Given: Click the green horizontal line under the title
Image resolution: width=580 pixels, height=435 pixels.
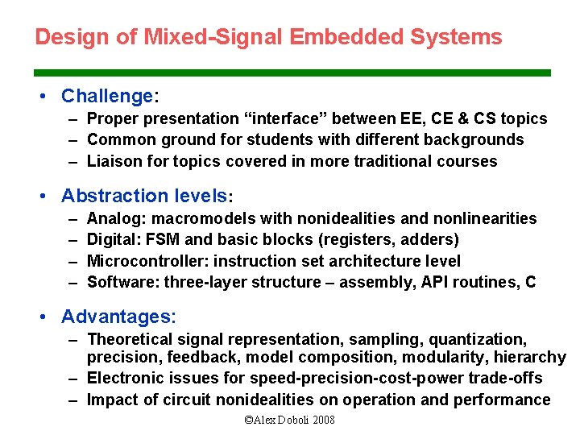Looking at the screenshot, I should click(x=292, y=72).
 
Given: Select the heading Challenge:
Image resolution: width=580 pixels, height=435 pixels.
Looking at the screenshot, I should click(x=110, y=97).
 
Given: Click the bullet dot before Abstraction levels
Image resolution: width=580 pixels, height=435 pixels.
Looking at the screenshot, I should click(x=51, y=196).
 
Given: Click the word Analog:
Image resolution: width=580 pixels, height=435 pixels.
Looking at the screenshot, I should click(x=116, y=218).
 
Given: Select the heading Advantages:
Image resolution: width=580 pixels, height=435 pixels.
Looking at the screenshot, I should click(x=118, y=317).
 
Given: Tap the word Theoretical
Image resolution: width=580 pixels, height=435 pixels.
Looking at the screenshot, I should click(x=130, y=339).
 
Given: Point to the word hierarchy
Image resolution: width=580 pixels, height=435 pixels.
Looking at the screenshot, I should click(x=530, y=357).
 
